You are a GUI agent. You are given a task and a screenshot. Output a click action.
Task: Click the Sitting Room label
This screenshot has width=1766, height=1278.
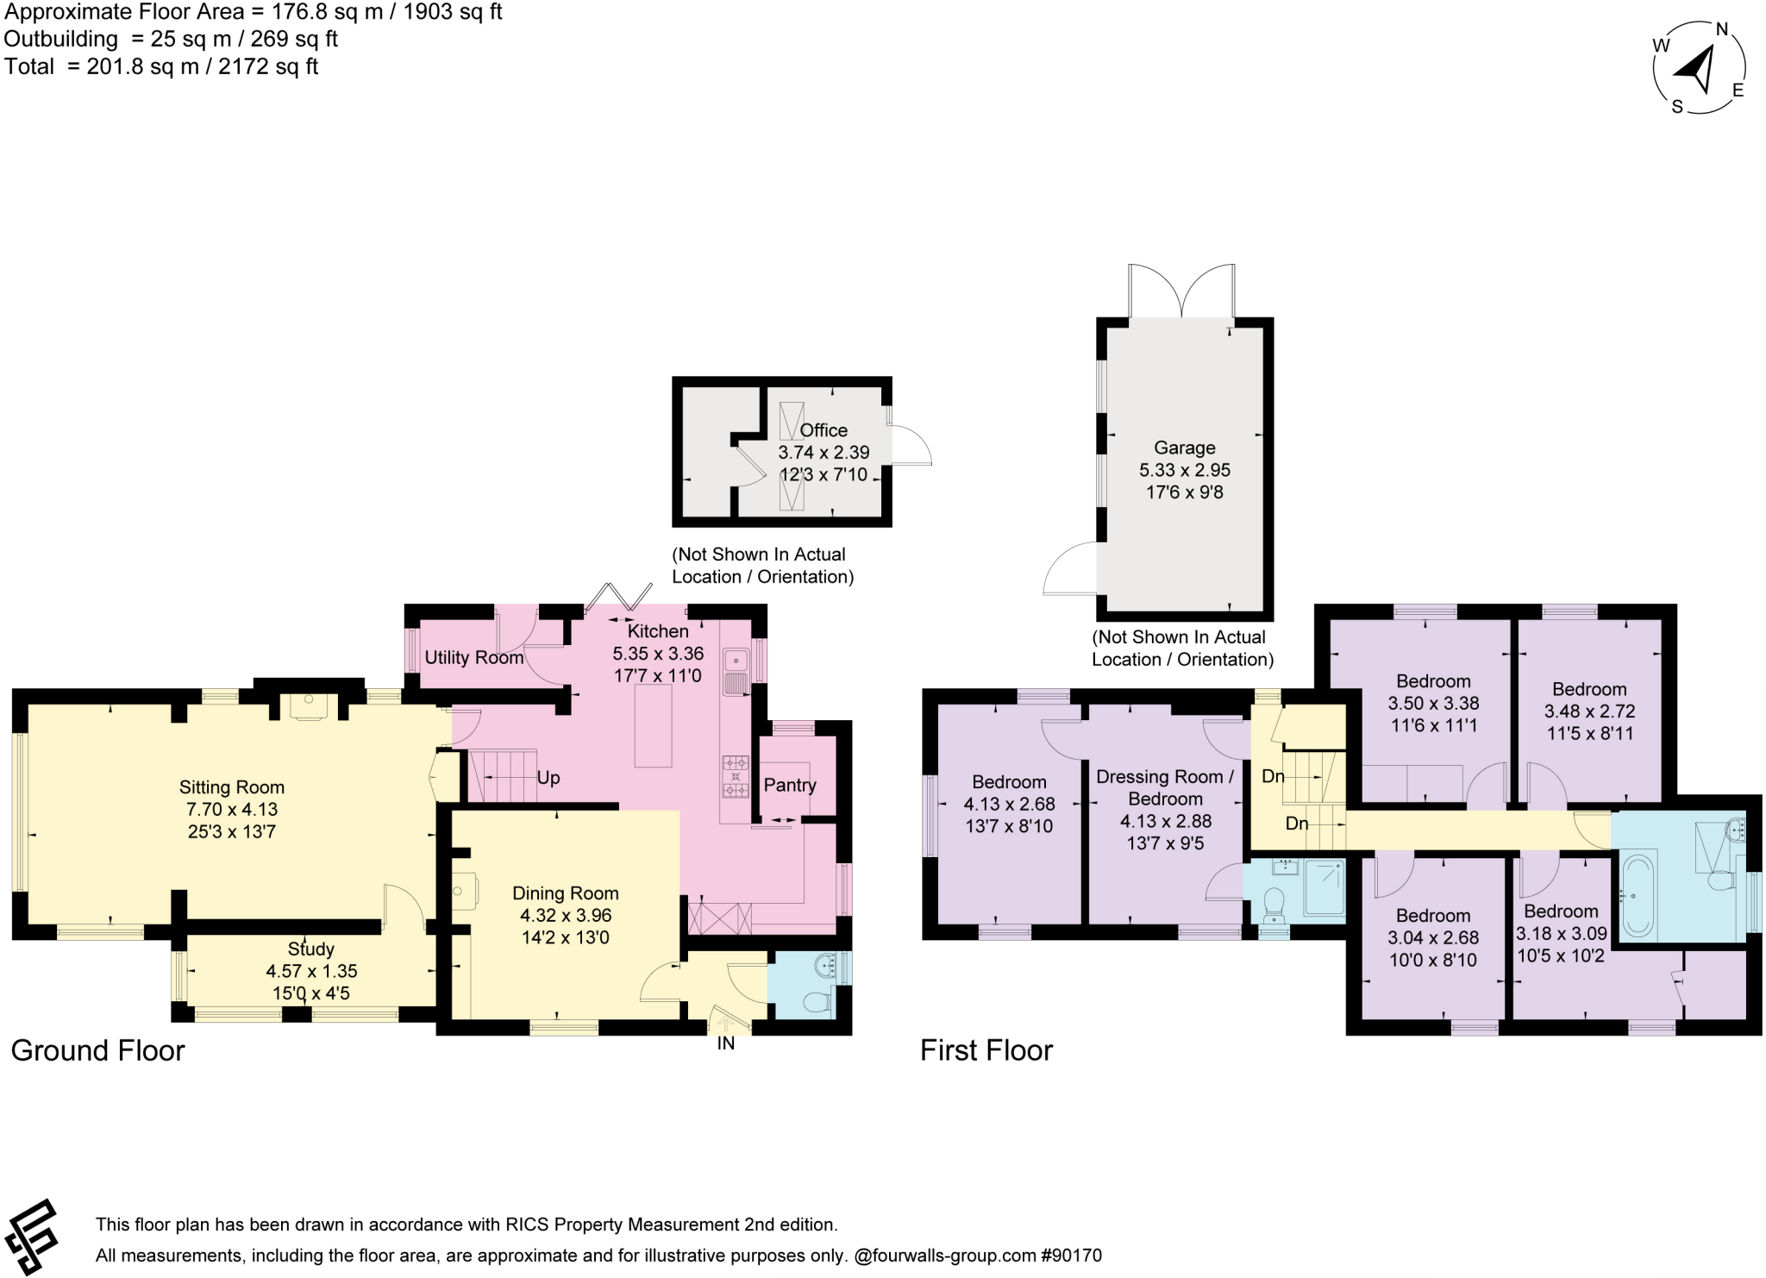pos(231,786)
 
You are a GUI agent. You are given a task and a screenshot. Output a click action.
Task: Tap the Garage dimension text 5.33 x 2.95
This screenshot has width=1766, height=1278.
pos(1185,470)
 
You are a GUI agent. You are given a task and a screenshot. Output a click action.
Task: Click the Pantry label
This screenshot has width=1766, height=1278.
pos(789,785)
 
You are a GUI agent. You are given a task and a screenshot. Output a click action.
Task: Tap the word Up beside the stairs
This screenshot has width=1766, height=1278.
pos(548,777)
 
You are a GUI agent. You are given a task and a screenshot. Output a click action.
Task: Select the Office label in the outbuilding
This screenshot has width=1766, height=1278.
pos(824,429)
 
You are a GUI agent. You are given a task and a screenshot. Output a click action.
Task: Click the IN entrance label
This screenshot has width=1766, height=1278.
pos(726,1043)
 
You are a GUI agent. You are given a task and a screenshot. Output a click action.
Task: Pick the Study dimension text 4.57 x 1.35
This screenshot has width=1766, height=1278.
pos(311,971)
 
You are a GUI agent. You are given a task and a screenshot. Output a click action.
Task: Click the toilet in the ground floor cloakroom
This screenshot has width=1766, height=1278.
pos(816,1002)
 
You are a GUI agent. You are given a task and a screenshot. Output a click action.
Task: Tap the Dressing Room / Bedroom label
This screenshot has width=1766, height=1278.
pos(1165,787)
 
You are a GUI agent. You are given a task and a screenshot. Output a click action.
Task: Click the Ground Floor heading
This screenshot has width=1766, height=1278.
pos(97,1050)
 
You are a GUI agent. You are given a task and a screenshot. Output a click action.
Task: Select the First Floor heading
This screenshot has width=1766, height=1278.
pos(986,1050)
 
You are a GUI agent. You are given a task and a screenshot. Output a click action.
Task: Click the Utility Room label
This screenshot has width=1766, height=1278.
pos(474,657)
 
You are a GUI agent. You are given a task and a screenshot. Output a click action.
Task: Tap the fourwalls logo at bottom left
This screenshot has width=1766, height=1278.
pos(33,1236)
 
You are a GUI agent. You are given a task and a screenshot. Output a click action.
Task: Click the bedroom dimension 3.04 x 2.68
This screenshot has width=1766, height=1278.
pos(1433,937)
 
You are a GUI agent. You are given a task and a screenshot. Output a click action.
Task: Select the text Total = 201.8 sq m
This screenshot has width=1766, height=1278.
pos(161,66)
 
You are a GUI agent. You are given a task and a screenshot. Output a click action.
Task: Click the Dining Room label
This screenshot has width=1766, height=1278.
pos(566,893)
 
